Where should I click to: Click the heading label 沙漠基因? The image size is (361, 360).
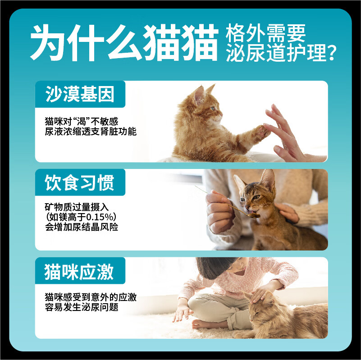click(80, 94)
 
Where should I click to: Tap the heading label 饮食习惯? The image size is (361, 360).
click(80, 183)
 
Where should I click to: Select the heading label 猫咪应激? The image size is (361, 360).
click(80, 272)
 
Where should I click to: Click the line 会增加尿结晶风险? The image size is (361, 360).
click(82, 227)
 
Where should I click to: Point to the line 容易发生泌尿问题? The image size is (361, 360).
click(82, 307)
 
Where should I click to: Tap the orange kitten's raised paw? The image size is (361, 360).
click(260, 132)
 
